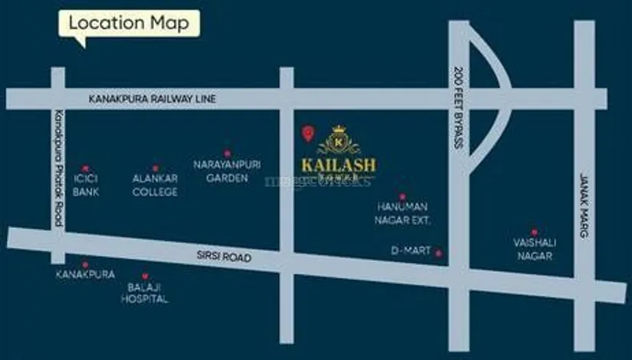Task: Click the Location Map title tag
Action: (x=129, y=23)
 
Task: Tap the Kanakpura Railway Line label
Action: (x=152, y=99)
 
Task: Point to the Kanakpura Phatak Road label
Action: (x=57, y=165)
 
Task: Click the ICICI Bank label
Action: (x=86, y=185)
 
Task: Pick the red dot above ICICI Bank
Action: (x=86, y=168)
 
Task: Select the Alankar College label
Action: (x=155, y=185)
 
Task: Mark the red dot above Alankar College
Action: (x=155, y=168)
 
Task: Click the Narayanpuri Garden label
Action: (x=228, y=171)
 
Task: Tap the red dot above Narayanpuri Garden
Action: (x=228, y=153)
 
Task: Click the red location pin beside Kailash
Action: (x=308, y=133)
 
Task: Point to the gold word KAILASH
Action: (x=338, y=165)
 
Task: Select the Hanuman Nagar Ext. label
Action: (x=403, y=214)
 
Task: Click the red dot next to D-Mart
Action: (x=439, y=252)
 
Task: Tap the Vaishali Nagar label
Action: (x=534, y=249)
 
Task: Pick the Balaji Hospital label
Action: (x=144, y=293)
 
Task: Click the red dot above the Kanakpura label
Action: (x=85, y=264)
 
